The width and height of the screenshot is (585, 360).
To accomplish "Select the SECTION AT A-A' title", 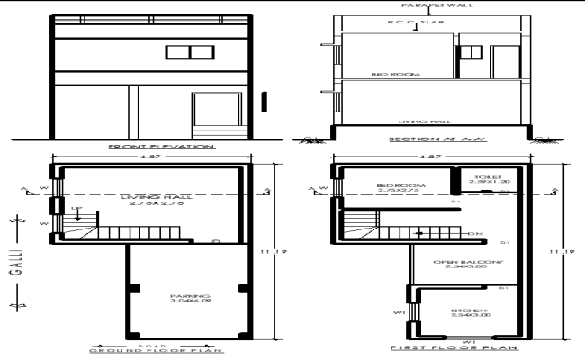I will (x=426, y=140).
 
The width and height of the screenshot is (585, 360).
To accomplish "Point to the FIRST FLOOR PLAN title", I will (x=441, y=346).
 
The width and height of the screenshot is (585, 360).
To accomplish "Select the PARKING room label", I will (x=189, y=298).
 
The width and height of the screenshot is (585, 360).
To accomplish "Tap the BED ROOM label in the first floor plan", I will (x=389, y=187).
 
